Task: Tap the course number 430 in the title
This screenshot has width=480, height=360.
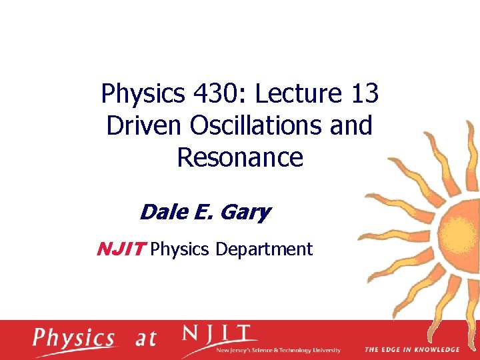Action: (215, 95)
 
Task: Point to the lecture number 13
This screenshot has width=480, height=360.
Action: (363, 95)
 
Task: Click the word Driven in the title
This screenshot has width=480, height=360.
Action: (140, 126)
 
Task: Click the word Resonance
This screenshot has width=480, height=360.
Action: (240, 157)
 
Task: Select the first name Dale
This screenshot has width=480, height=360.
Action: (161, 213)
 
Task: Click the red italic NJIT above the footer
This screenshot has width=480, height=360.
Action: (120, 249)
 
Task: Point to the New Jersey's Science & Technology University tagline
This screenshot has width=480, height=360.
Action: (279, 351)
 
